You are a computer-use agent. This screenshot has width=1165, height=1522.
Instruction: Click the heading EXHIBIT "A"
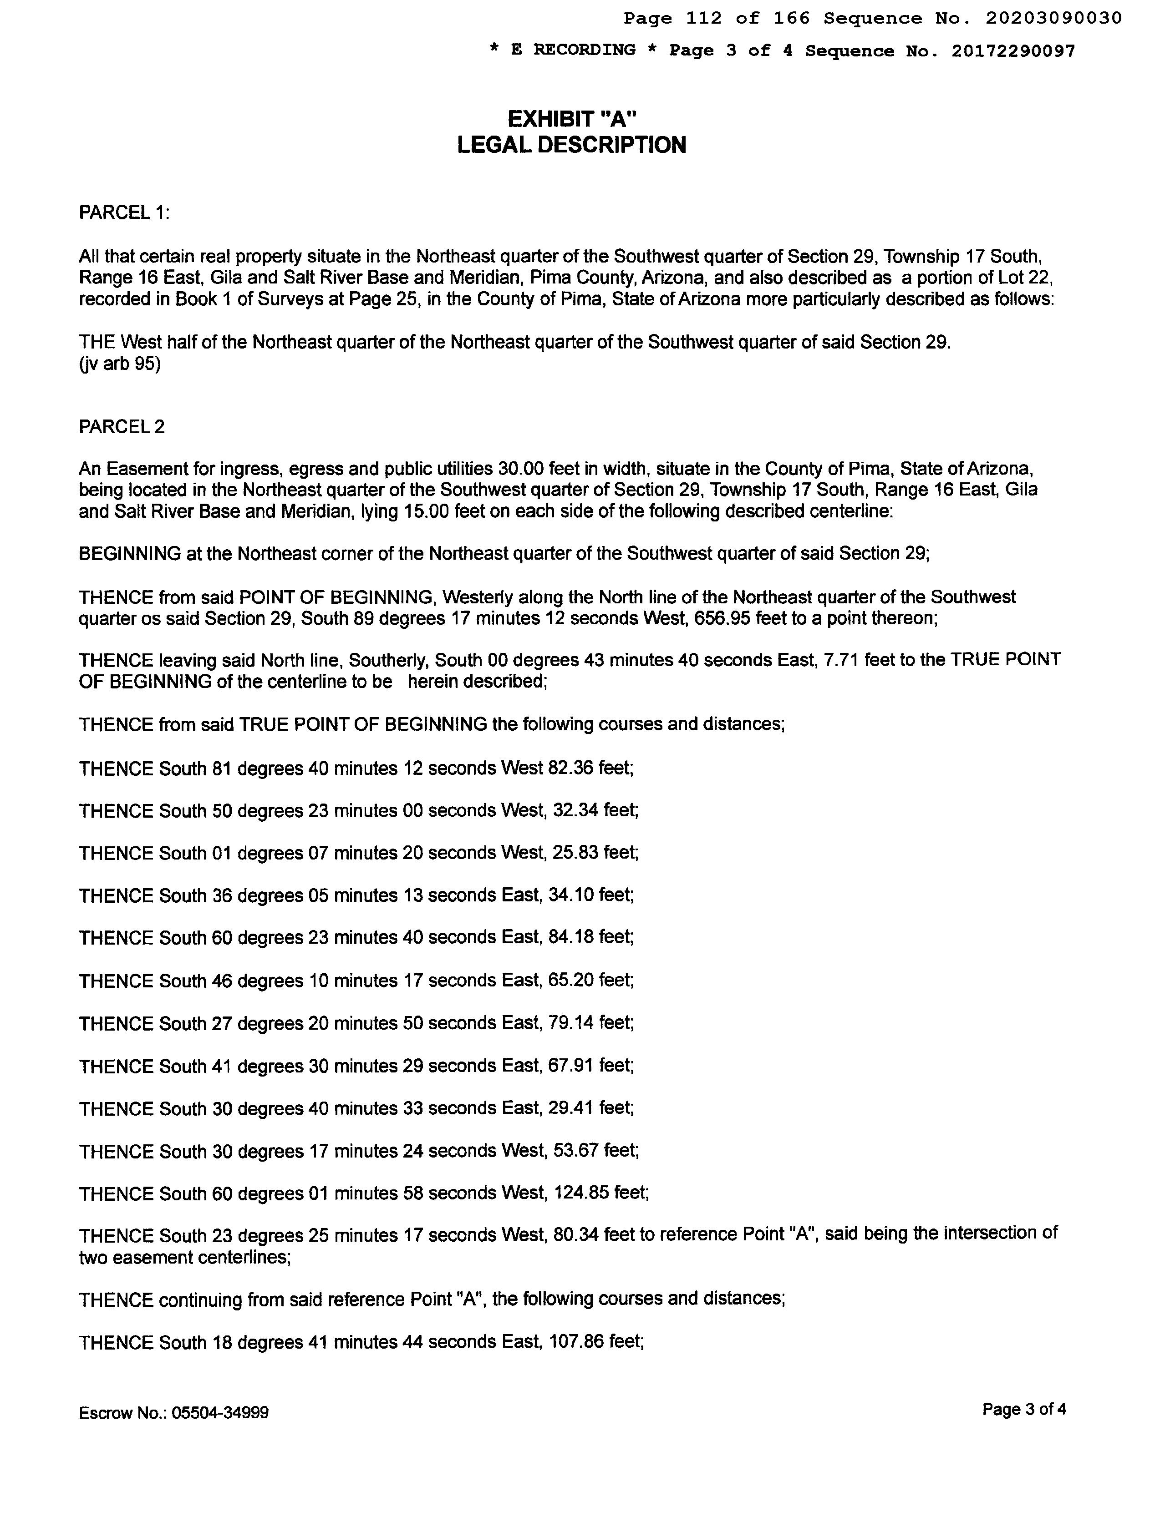tap(572, 119)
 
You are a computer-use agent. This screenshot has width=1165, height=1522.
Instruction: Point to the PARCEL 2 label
tap(122, 427)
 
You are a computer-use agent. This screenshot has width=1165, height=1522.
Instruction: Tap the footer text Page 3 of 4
tap(1023, 1409)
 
